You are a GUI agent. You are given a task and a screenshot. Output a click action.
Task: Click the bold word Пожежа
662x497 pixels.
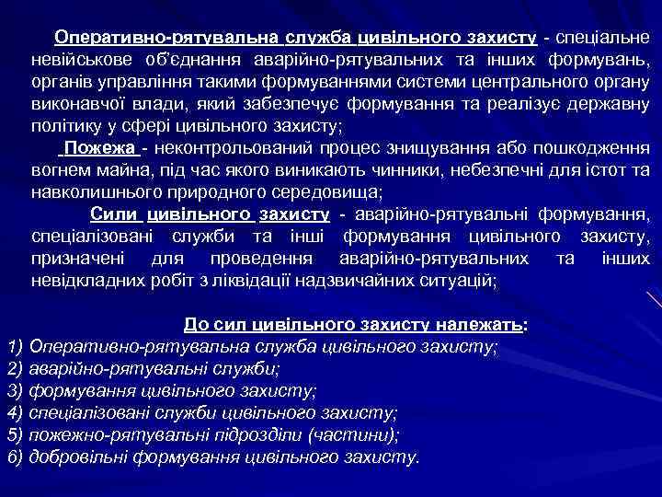coord(99,149)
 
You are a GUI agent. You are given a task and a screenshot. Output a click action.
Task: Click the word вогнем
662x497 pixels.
coord(61,171)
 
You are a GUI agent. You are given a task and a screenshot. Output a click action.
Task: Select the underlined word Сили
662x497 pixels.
coord(114,214)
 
